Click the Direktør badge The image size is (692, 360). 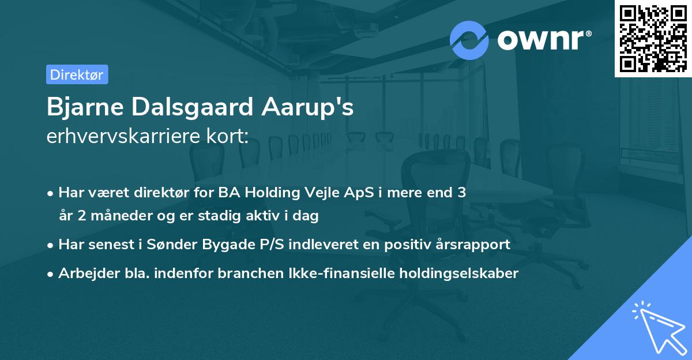[x=77, y=74]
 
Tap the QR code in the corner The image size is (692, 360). [x=653, y=38]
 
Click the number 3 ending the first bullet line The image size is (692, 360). [x=462, y=193]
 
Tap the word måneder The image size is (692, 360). [x=112, y=216]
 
